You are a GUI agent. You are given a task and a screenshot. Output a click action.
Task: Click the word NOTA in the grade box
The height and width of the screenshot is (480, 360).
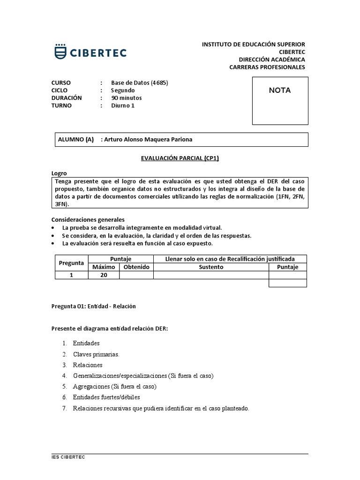pos(279,90)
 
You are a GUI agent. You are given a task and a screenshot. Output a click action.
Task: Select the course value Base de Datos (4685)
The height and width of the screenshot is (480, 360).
pos(139,83)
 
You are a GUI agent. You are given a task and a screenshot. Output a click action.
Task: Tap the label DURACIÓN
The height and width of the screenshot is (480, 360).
pos(67,98)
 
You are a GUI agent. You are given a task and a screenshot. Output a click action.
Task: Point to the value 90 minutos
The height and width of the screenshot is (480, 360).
pos(126,98)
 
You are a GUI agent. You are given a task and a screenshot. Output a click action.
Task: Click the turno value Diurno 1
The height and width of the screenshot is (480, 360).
pos(122,105)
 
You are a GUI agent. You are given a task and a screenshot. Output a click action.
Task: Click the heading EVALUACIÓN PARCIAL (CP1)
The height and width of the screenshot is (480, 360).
pos(180,158)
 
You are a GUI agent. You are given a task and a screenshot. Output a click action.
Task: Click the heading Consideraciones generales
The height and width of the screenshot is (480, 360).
pos(88,219)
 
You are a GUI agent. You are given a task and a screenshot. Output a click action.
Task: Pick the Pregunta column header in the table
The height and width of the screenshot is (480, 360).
pos(72,263)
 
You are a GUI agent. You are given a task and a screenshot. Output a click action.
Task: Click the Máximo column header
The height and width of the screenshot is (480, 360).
pos(104,267)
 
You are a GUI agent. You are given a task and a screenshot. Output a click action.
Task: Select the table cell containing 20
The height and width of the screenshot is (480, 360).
pos(104,275)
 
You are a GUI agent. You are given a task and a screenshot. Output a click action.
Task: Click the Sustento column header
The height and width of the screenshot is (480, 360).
pos(211,267)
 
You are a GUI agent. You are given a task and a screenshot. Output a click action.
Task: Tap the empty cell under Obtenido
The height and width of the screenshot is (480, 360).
pos(136,275)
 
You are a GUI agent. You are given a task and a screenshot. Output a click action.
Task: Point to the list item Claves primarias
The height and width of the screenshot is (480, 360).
pos(96,354)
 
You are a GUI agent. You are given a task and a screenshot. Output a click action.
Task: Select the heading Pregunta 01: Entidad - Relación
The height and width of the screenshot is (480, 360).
pos(93,306)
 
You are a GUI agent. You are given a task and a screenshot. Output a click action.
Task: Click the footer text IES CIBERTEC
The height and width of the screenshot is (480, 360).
pos(68,457)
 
